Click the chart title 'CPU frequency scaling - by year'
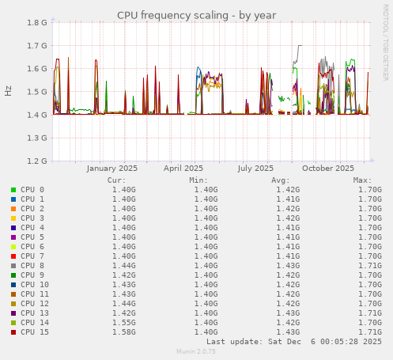(x=197, y=15)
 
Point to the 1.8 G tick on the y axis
(x=37, y=23)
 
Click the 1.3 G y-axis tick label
(x=37, y=138)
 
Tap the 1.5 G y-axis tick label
(x=37, y=92)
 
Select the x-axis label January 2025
(x=111, y=168)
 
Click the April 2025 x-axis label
(x=183, y=168)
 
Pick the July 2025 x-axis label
(x=255, y=168)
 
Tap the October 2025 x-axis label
(x=328, y=168)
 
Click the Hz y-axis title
(x=9, y=91)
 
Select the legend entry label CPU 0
(x=32, y=190)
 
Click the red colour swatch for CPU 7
(x=13, y=256)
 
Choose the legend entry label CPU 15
(x=35, y=332)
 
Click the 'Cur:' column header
(x=116, y=180)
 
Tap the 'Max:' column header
(x=363, y=180)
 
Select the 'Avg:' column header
(x=281, y=180)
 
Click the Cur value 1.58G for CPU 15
(x=123, y=332)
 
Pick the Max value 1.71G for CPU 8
(x=370, y=266)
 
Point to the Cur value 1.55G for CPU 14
(x=123, y=323)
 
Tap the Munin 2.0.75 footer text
(x=196, y=351)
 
